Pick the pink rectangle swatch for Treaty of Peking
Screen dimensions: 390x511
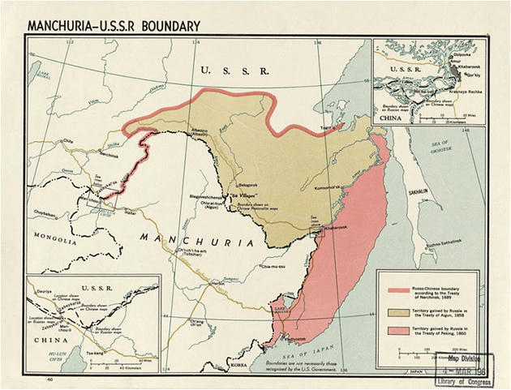398,330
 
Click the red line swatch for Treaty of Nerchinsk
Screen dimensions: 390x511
398,289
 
